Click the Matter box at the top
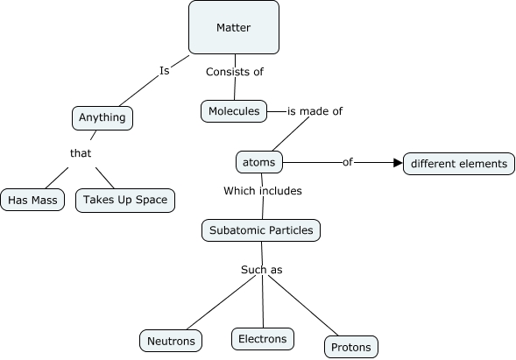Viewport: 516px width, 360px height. pos(234,28)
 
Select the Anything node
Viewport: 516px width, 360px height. pos(102,117)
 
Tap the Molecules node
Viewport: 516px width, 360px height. pos(232,110)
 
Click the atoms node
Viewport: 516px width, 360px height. pos(258,162)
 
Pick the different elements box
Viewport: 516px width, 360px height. pos(458,164)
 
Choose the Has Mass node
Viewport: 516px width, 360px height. pos(32,201)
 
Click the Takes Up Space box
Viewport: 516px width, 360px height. pos(124,200)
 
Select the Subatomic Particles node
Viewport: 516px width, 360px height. pos(261,230)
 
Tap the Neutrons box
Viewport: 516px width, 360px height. pos(172,340)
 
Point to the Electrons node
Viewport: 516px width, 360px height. pos(262,338)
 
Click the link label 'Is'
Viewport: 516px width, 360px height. pos(164,69)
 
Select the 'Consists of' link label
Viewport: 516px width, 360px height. pos(234,72)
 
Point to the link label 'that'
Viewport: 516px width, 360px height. pos(81,153)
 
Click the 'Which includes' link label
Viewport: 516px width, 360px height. pos(262,190)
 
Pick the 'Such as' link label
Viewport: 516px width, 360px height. pos(261,270)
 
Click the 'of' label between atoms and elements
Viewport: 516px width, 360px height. pos(347,162)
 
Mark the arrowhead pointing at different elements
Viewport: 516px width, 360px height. pos(397,163)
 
